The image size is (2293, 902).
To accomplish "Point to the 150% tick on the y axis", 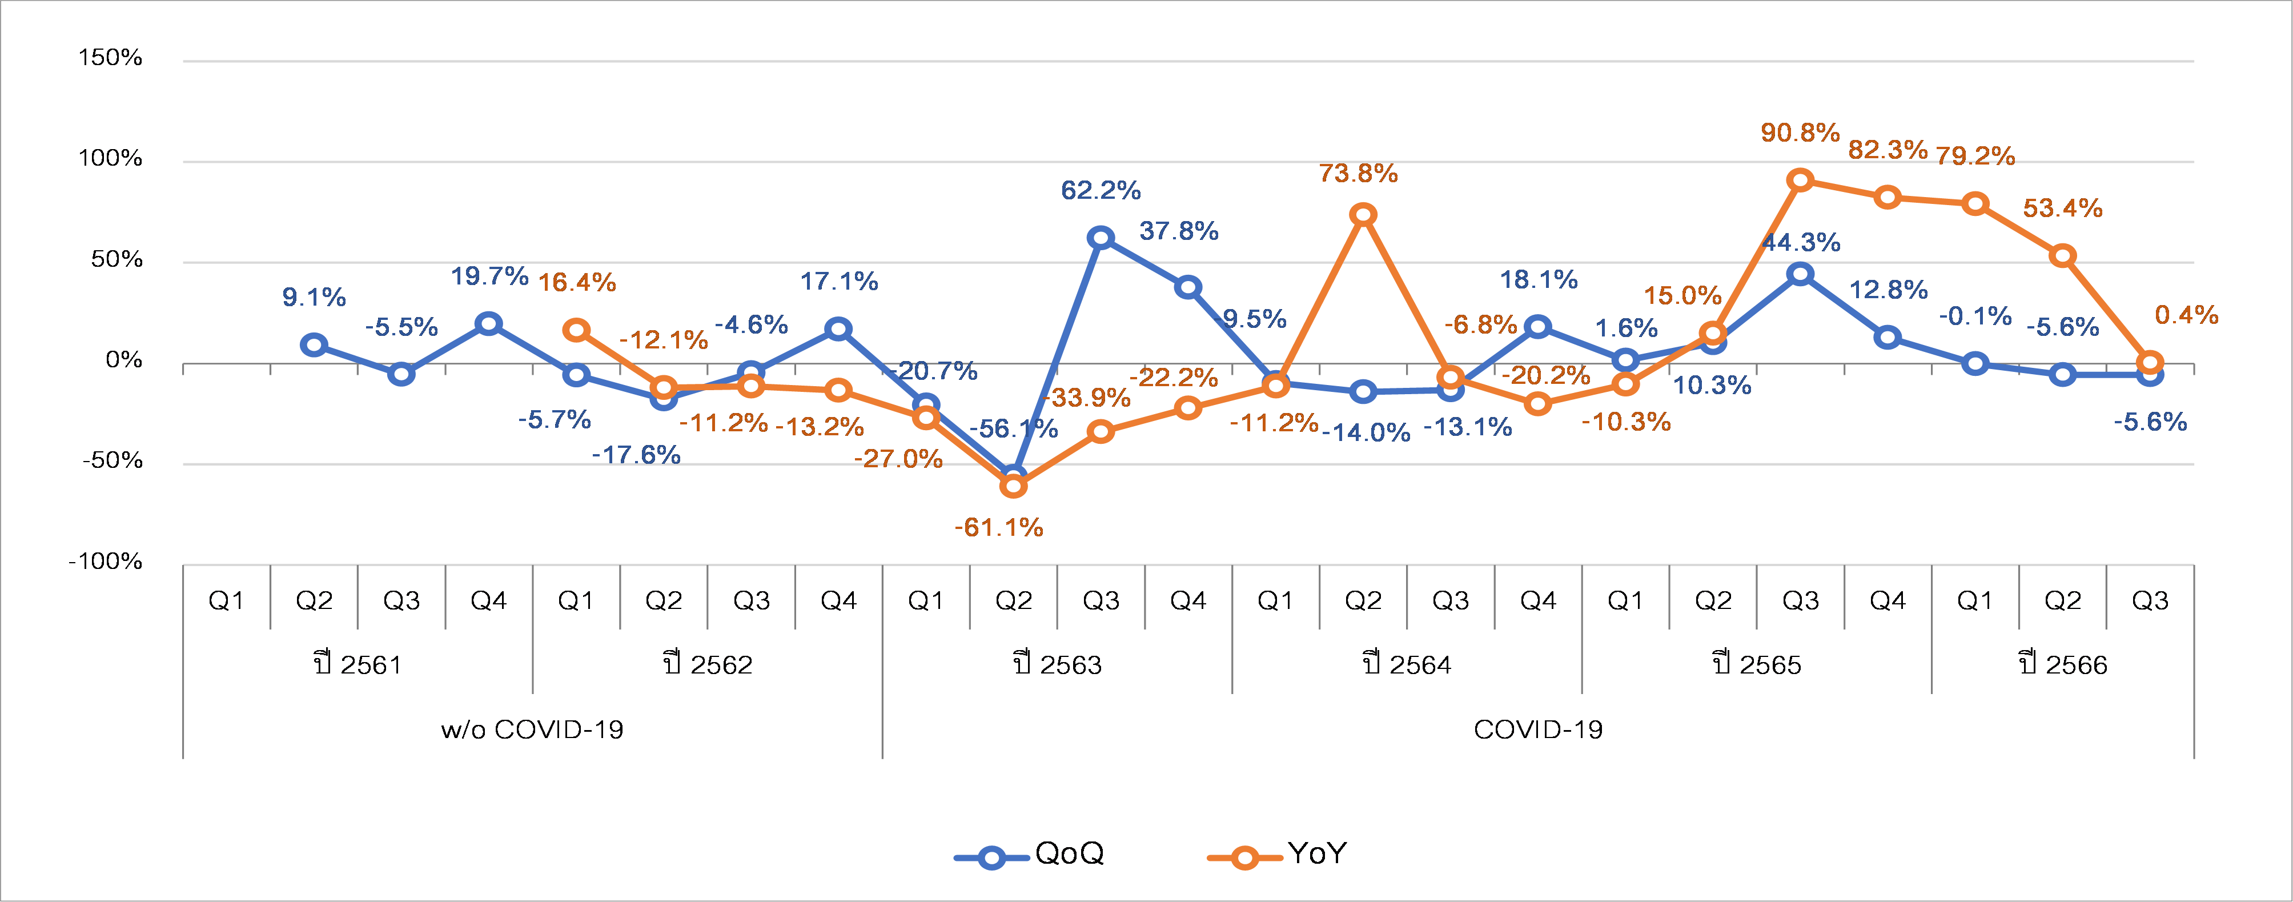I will (110, 58).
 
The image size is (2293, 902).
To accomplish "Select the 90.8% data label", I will (1800, 133).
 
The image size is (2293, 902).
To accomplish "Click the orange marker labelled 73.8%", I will (1363, 215).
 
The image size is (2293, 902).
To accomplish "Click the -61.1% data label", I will (999, 528).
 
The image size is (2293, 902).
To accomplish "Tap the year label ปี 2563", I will (1058, 664).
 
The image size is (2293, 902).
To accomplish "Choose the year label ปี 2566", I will (2062, 664).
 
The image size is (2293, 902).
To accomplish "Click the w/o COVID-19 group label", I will (532, 729).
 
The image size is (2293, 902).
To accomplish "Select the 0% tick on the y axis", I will (124, 360).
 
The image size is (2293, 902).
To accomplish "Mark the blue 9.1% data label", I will (314, 298).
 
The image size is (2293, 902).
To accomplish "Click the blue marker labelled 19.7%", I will (488, 323).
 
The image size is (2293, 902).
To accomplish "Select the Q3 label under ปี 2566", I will (2150, 601).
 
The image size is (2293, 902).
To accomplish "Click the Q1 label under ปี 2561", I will (226, 601).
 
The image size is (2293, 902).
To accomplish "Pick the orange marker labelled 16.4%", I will (576, 330).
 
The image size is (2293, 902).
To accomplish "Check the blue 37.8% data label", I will (1179, 231).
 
